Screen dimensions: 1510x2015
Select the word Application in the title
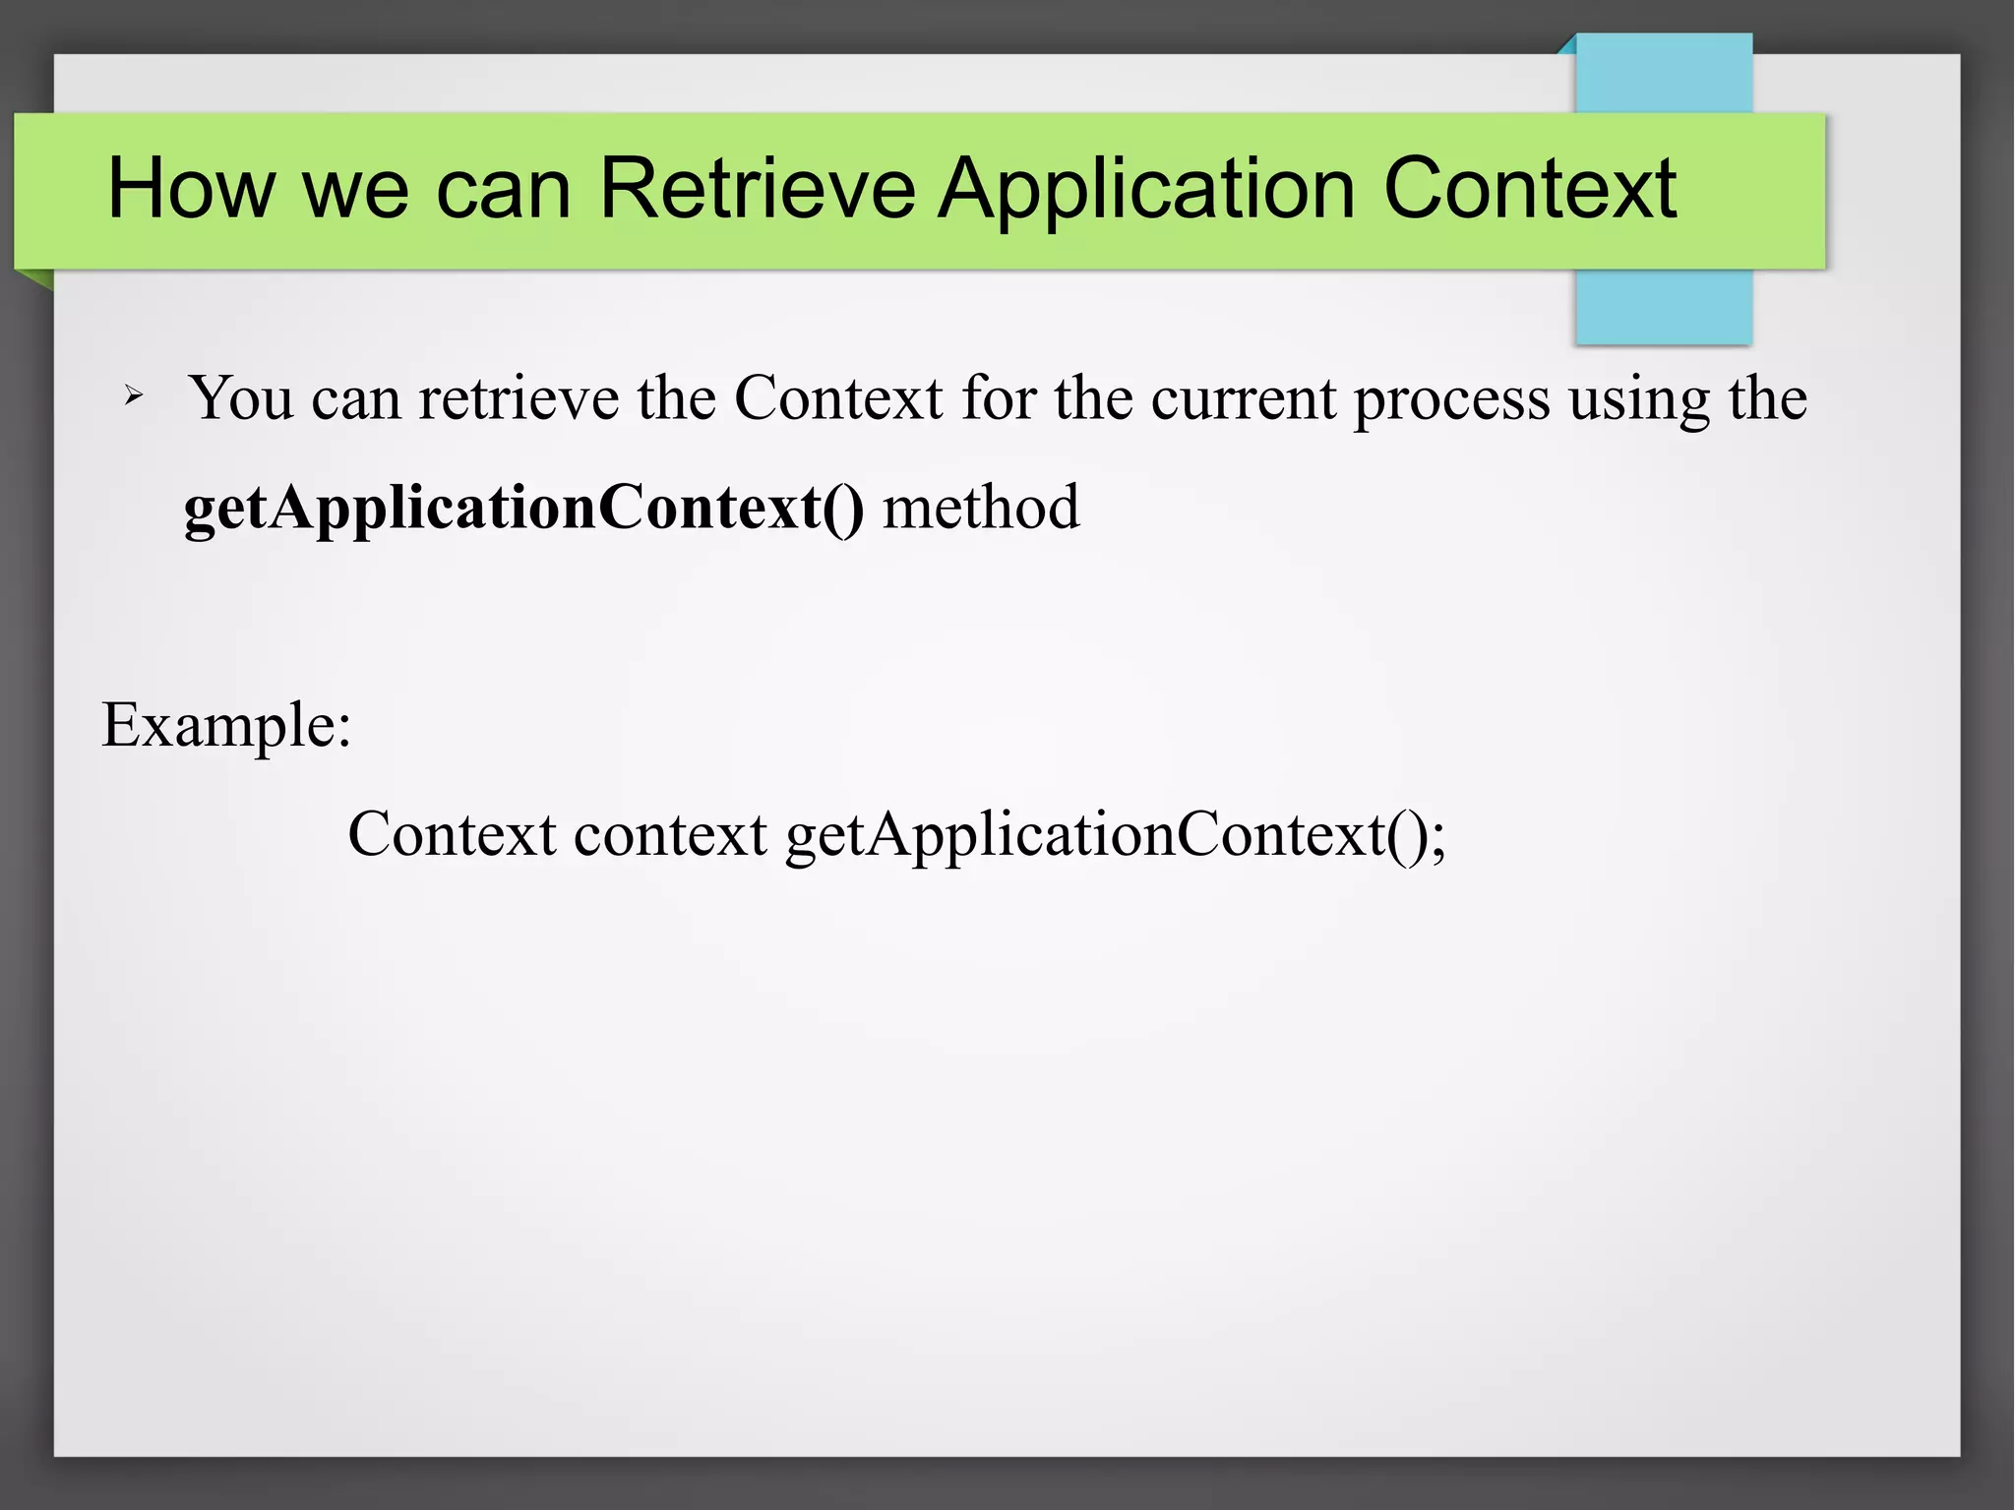pos(1146,190)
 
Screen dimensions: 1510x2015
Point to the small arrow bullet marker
pos(134,396)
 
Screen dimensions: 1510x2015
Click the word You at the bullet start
pos(241,398)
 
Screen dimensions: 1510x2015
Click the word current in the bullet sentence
pos(1244,398)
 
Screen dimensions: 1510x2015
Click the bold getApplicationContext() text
pos(523,509)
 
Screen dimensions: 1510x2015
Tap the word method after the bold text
pos(981,508)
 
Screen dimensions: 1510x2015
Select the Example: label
pos(226,726)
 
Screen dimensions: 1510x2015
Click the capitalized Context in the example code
pos(453,834)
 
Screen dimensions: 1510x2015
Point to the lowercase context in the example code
pos(670,834)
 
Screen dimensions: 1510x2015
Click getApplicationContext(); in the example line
pos(1116,836)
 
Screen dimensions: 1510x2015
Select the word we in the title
pos(355,190)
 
